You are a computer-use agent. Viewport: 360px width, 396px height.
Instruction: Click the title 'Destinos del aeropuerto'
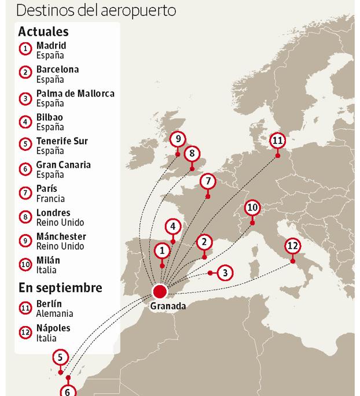pyautogui.click(x=96, y=10)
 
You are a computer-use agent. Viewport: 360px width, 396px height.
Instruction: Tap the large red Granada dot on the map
pyautogui.click(x=159, y=290)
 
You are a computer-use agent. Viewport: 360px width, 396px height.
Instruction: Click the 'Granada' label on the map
pyautogui.click(x=168, y=306)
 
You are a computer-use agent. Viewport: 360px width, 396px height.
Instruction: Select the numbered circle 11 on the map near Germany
pyautogui.click(x=278, y=140)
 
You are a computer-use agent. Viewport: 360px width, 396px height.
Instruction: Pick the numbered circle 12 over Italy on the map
pyautogui.click(x=293, y=246)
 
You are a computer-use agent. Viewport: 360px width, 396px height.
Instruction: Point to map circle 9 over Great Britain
pyautogui.click(x=178, y=139)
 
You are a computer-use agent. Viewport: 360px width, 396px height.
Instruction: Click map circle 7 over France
pyautogui.click(x=207, y=182)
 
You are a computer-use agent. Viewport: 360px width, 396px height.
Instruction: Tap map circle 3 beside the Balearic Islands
pyautogui.click(x=225, y=273)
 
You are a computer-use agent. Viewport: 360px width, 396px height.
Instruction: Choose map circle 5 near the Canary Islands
pyautogui.click(x=60, y=357)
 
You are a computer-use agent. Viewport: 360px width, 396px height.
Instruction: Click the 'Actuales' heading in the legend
pyautogui.click(x=43, y=31)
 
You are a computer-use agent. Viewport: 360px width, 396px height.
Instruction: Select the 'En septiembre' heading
pyautogui.click(x=60, y=287)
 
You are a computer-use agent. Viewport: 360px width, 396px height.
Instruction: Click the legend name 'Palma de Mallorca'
pyautogui.click(x=75, y=93)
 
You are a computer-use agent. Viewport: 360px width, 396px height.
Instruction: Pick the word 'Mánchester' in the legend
pyautogui.click(x=61, y=236)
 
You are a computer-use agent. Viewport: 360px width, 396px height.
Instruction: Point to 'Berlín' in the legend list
pyautogui.click(x=49, y=304)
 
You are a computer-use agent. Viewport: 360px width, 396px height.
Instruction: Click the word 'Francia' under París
pyautogui.click(x=50, y=198)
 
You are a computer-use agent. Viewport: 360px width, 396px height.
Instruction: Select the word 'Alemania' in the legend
pyautogui.click(x=54, y=313)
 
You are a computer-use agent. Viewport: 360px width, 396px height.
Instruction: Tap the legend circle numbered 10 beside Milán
pyautogui.click(x=25, y=265)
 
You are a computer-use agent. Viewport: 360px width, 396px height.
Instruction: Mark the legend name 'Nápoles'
pyautogui.click(x=53, y=328)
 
